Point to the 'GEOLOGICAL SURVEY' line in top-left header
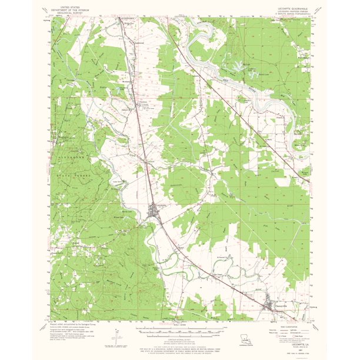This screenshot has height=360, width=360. click(67, 12)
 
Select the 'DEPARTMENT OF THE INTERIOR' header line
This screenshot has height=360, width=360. click(67, 9)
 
